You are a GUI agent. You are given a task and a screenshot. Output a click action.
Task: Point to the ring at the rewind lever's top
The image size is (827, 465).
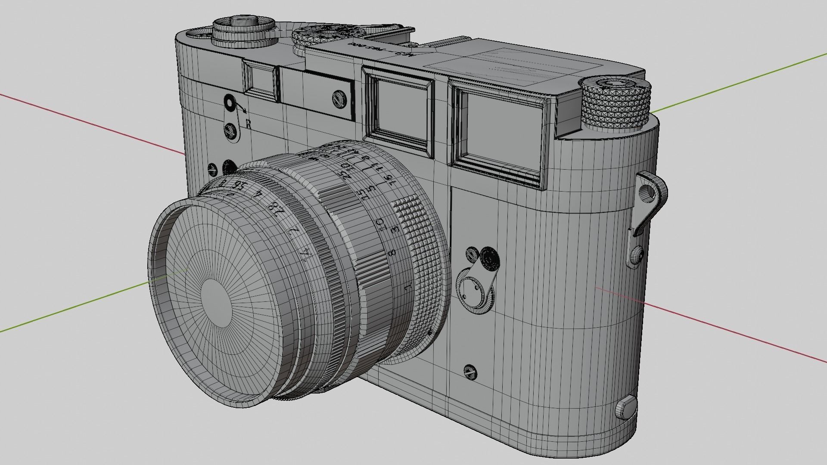tap(229, 103)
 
